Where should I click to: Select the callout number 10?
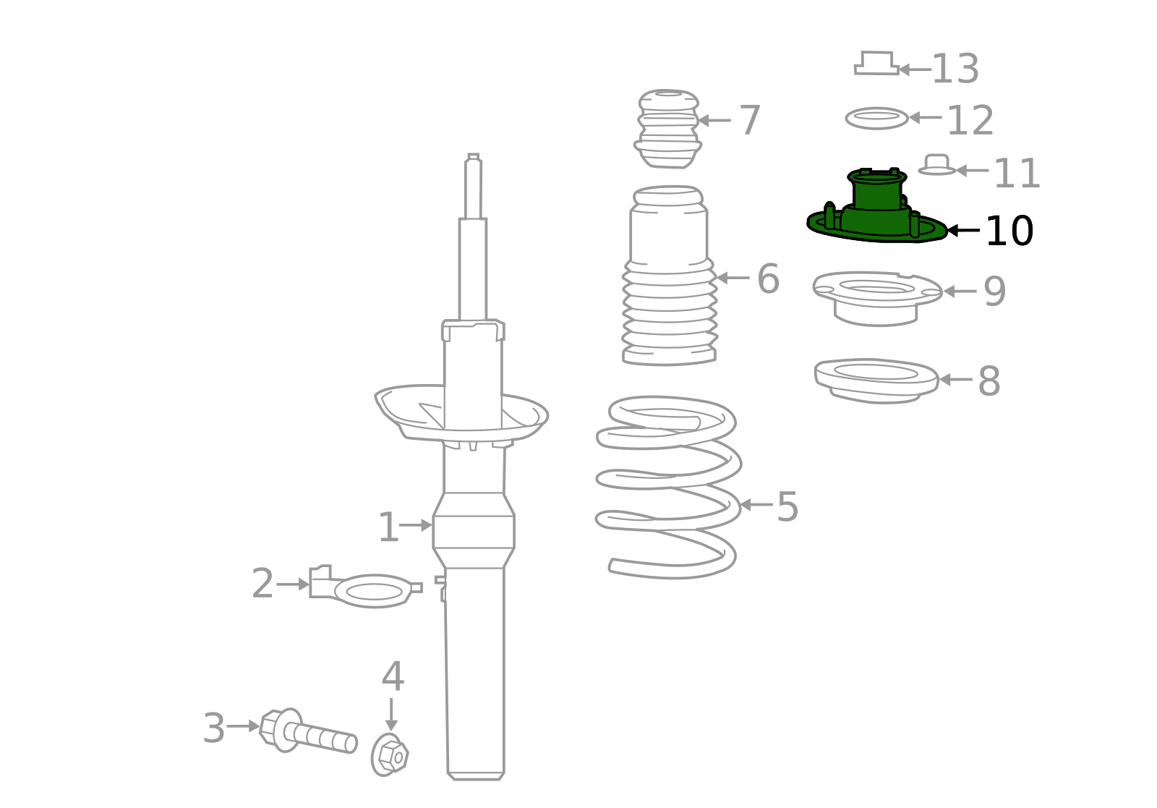(x=1009, y=231)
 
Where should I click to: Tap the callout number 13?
(x=955, y=69)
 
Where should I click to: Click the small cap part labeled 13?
(x=876, y=63)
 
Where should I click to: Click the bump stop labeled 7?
(x=668, y=129)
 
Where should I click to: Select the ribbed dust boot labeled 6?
(x=670, y=276)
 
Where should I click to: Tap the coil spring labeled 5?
(x=669, y=487)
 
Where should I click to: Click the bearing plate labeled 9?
(x=877, y=299)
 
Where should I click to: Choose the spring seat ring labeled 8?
(x=876, y=380)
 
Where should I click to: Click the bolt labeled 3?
(x=308, y=731)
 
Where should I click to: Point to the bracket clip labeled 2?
(x=366, y=587)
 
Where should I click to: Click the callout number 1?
(x=388, y=527)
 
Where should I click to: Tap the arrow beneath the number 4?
(x=391, y=715)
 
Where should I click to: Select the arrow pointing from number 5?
(x=756, y=504)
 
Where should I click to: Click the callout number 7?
(x=750, y=120)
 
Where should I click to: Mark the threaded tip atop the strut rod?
(x=473, y=156)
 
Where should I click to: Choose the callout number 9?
(x=994, y=292)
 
